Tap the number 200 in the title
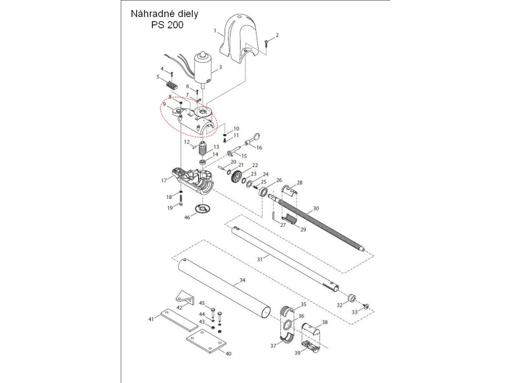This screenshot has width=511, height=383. coord(174,25)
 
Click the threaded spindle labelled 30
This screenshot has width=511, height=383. coord(319,224)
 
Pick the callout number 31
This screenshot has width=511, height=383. coord(259,259)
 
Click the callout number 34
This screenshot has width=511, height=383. coord(242,281)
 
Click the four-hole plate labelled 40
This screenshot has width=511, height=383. coord(207,343)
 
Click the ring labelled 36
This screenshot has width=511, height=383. coord(288,326)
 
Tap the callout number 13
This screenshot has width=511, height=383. coord(216,147)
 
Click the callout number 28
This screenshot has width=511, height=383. coord(299,183)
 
